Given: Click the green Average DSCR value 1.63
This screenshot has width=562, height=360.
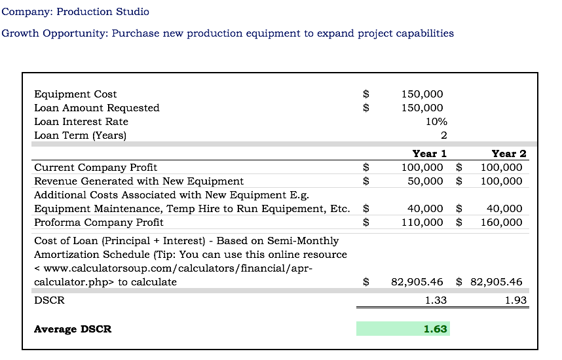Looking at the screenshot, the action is coord(435,329).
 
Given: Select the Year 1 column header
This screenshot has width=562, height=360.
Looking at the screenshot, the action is coord(430,154).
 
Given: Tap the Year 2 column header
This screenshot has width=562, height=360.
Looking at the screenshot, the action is coord(508,154).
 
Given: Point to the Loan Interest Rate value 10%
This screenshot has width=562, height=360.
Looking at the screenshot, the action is coord(436,122).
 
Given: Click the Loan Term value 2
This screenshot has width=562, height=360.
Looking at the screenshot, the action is coord(443,135).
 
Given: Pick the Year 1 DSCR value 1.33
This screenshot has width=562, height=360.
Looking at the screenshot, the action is coord(436,300).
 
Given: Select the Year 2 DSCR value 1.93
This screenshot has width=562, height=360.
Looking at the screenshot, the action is coord(515,300).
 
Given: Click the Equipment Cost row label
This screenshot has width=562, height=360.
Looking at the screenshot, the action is coord(75,94).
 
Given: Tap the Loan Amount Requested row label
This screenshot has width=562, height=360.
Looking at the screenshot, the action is coord(97,108).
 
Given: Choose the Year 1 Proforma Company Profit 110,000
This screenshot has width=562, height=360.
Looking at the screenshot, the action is coord(422,223).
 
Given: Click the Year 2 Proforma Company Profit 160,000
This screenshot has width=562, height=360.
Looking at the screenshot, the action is coord(501,223).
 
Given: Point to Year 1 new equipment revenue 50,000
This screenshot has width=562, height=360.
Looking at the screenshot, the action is coord(425,181).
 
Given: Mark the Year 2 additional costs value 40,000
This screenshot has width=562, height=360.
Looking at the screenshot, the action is coord(504,209).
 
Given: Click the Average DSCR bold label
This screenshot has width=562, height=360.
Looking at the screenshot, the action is coord(73,329).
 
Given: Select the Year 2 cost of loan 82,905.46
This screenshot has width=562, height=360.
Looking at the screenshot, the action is coord(496,282).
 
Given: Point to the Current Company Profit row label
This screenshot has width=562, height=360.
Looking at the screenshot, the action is coord(96,168).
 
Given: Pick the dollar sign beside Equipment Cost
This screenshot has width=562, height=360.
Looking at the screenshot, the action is coord(366,94).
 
